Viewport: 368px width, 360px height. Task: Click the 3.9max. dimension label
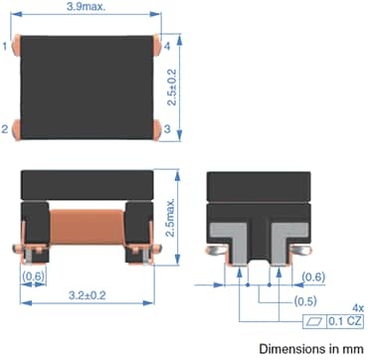click(x=86, y=6)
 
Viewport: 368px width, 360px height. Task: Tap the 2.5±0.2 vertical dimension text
click(x=172, y=88)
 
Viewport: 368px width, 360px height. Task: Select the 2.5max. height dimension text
click(x=170, y=218)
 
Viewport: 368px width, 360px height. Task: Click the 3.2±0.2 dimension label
click(x=88, y=295)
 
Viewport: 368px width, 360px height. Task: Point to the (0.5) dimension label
click(x=305, y=301)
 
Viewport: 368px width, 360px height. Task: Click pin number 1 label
click(x=5, y=47)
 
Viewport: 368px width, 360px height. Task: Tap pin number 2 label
click(x=5, y=129)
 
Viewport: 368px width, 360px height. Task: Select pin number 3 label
click(x=167, y=128)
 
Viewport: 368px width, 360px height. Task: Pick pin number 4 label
click(x=167, y=46)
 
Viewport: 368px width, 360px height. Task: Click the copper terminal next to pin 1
click(x=16, y=46)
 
